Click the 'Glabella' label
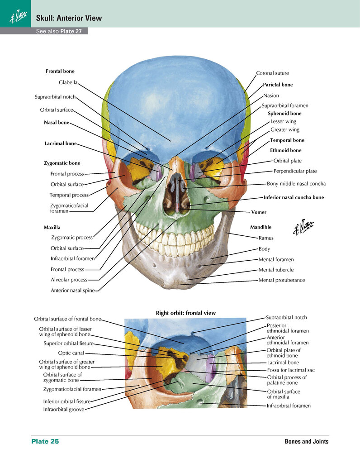coord(68,82)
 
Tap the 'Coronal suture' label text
coord(272,73)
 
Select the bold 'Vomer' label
coord(259,212)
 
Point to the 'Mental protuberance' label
coord(281,280)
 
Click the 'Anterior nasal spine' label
coord(73,290)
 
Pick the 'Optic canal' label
coord(71,353)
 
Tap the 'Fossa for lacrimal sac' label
coord(291,370)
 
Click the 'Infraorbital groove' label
coord(64,409)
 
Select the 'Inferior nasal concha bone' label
coord(294,197)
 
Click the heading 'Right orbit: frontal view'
coord(185,313)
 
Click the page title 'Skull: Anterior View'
coord(69,18)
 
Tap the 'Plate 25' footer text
coord(45,441)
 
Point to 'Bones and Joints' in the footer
coord(306,441)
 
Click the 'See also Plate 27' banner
coord(59,31)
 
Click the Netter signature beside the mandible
coord(303,227)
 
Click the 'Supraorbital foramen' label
coord(285,105)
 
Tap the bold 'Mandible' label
coord(261,227)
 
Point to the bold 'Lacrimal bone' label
coord(61,143)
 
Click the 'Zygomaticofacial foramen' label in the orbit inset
coord(72,389)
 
